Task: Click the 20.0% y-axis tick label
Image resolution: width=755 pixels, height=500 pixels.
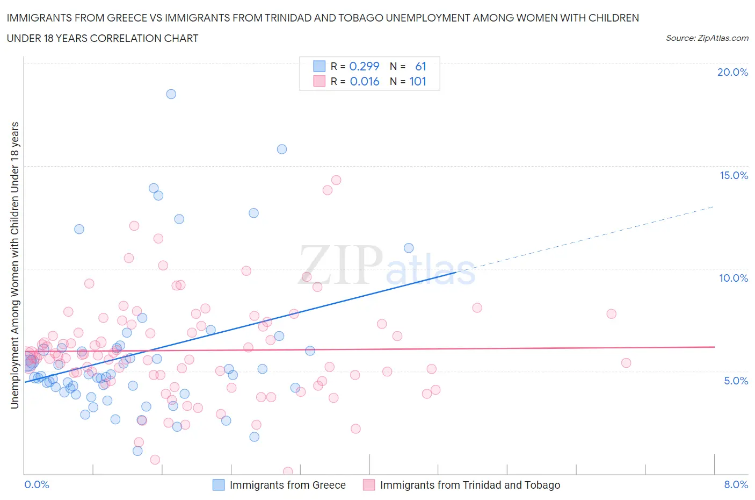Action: [x=732, y=72]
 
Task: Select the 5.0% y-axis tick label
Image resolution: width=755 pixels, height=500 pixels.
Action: [x=736, y=381]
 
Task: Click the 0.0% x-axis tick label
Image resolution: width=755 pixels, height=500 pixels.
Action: [x=37, y=484]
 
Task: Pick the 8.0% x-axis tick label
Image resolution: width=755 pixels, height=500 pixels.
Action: [x=736, y=484]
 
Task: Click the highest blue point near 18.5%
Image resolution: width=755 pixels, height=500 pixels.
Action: [x=171, y=94]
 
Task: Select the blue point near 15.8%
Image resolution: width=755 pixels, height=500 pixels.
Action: [x=282, y=149]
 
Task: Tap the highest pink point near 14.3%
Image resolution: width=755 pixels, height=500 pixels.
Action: [x=336, y=180]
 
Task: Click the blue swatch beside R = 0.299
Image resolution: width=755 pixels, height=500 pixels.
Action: [x=319, y=66]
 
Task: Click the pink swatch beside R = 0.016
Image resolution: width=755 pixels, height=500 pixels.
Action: [x=319, y=81]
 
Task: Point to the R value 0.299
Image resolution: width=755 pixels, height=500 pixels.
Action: [x=364, y=66]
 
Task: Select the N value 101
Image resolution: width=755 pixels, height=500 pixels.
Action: [x=418, y=81]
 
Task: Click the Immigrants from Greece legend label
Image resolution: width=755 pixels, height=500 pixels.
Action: [x=287, y=485]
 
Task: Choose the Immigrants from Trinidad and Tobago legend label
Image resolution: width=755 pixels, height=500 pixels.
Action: [x=470, y=485]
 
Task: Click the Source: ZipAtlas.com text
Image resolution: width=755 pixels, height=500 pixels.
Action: [x=707, y=38]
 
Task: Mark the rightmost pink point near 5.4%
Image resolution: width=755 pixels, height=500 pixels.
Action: [x=626, y=363]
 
